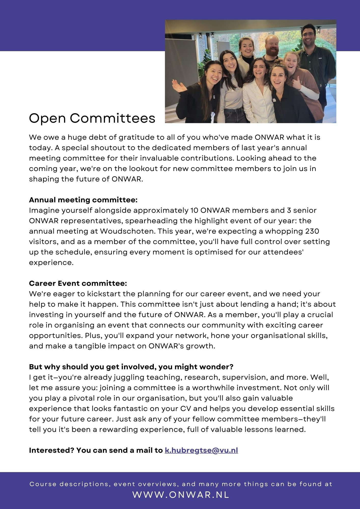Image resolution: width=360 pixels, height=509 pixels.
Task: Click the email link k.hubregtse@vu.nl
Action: click(x=201, y=450)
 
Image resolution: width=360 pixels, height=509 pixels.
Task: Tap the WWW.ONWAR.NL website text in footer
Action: click(x=181, y=494)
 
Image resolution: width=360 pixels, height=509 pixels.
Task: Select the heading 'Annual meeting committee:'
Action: click(x=83, y=200)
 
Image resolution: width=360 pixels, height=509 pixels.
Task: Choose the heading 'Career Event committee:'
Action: click(x=78, y=283)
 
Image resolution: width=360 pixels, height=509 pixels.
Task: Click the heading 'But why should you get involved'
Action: click(x=131, y=367)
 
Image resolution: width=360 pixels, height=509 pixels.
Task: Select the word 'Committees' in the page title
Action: click(x=112, y=118)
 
